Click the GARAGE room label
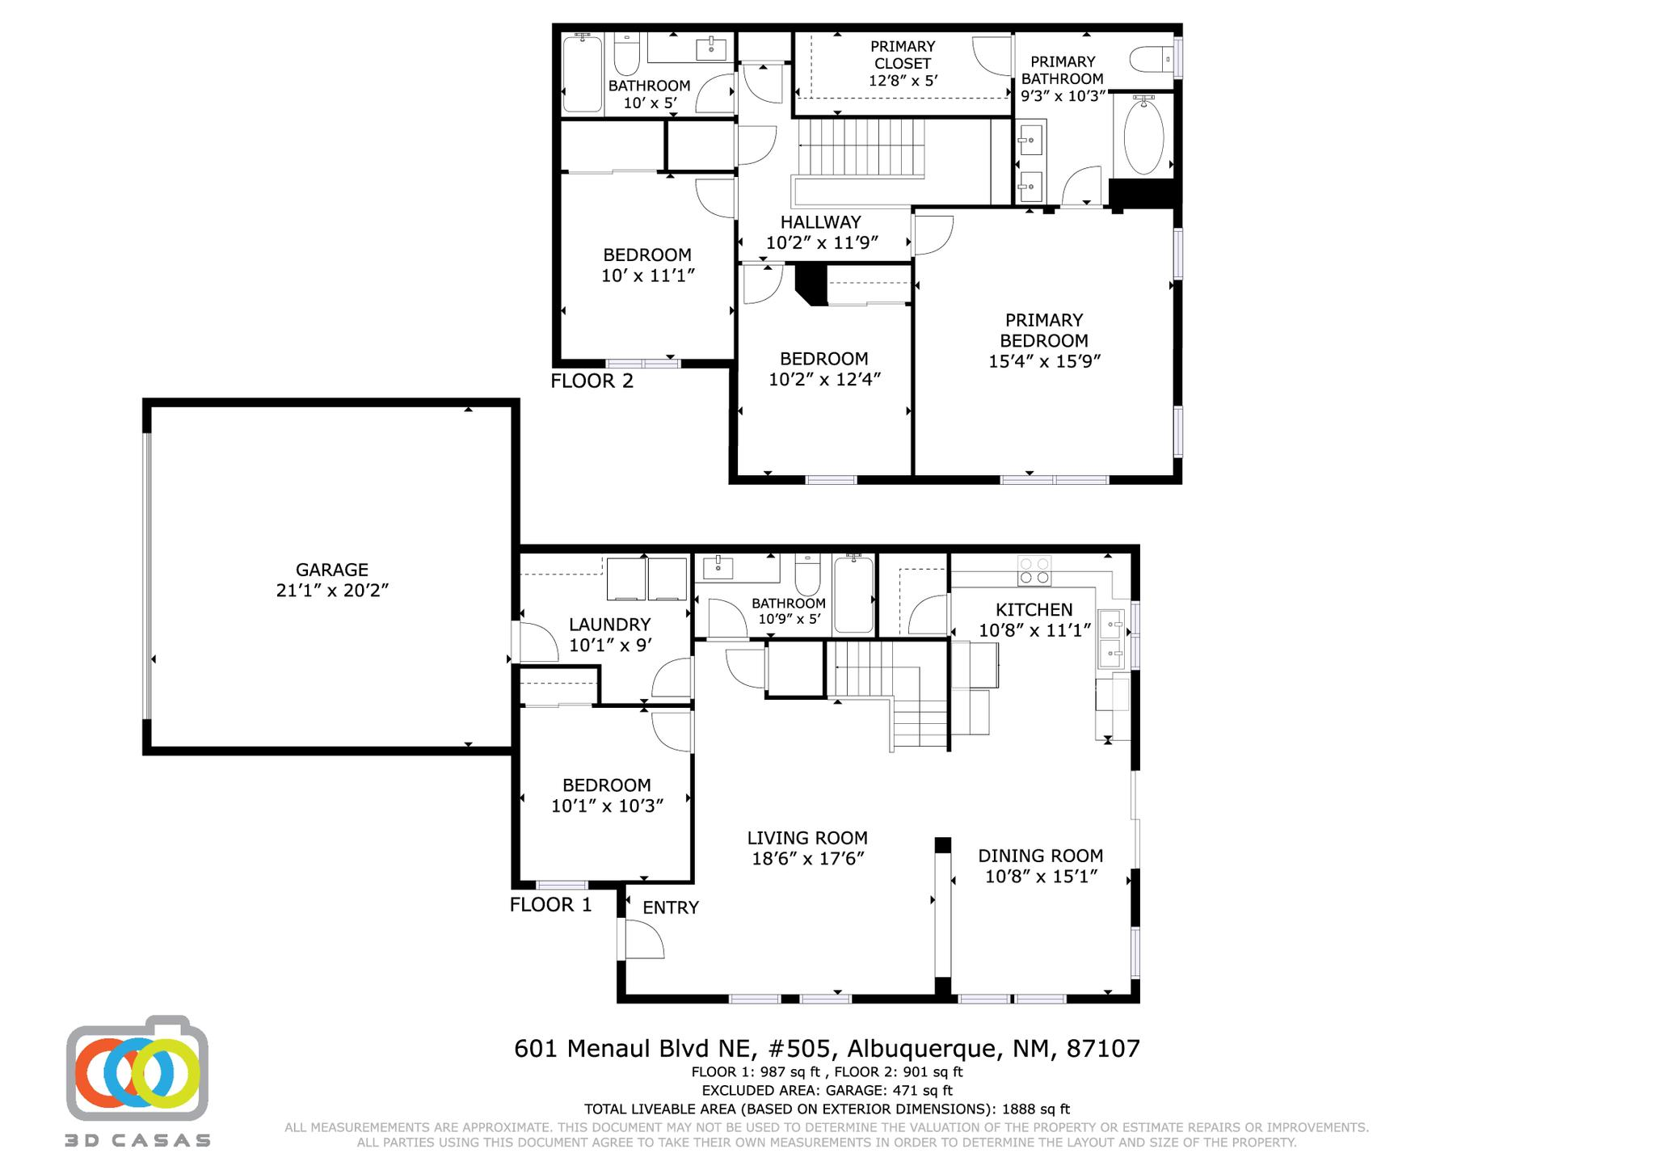pyautogui.click(x=331, y=570)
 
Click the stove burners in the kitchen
pyautogui.click(x=1034, y=570)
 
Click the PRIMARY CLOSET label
pyautogui.click(x=903, y=55)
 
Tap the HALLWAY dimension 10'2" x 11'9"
pyautogui.click(x=821, y=242)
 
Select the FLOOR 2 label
pyautogui.click(x=592, y=381)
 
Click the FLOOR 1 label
pyautogui.click(x=550, y=904)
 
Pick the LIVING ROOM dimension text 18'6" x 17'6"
pyautogui.click(x=807, y=859)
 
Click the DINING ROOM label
pyautogui.click(x=1040, y=856)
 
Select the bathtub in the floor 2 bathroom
pyautogui.click(x=582, y=73)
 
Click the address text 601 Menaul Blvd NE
pyautogui.click(x=635, y=1049)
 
